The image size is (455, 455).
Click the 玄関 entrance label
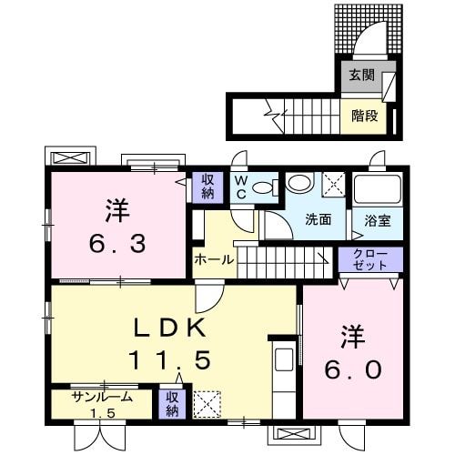click(x=362, y=75)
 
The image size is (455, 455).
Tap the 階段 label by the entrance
click(x=365, y=116)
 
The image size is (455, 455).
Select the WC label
click(x=241, y=187)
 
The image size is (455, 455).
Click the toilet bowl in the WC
click(x=265, y=187)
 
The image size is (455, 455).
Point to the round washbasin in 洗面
click(x=299, y=183)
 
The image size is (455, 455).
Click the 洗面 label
click(x=318, y=219)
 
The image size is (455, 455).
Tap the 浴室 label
click(x=378, y=221)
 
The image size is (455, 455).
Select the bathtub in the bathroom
click(x=378, y=189)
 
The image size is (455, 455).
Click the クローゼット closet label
click(x=370, y=259)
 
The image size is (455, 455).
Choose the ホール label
click(x=214, y=259)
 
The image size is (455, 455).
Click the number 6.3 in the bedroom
click(x=117, y=244)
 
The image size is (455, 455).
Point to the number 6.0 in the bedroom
click(x=353, y=369)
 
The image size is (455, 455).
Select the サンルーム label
click(x=103, y=397)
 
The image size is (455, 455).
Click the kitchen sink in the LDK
click(x=284, y=359)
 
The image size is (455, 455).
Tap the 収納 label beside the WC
click(x=207, y=187)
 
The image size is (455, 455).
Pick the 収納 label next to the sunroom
click(x=172, y=405)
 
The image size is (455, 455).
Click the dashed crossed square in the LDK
click(x=207, y=404)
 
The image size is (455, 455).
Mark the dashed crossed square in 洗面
click(x=333, y=184)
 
